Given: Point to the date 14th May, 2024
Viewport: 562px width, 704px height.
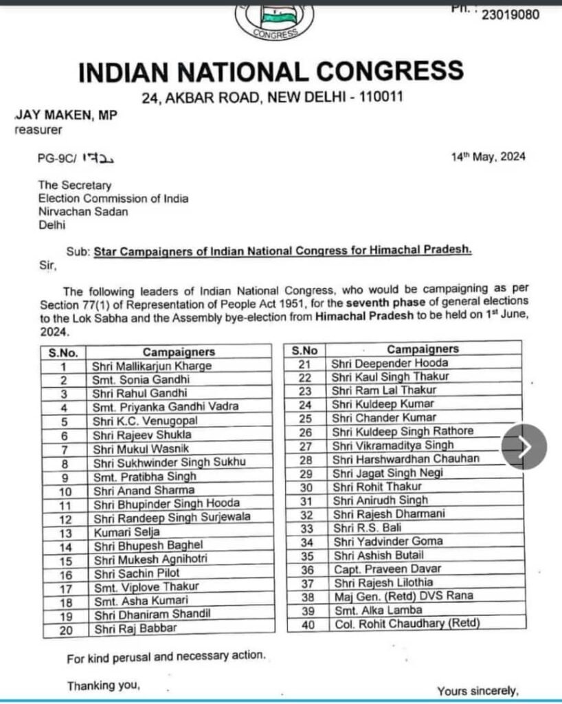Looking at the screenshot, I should [488, 156].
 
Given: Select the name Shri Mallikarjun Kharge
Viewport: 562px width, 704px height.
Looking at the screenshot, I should [152, 366].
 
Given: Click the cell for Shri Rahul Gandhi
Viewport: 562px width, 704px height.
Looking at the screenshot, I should [139, 393].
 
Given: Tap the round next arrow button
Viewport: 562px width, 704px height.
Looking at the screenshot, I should [524, 447].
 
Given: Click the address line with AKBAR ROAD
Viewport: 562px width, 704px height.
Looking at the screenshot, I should [272, 98].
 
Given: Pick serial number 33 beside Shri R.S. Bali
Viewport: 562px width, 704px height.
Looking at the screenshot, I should [306, 528].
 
